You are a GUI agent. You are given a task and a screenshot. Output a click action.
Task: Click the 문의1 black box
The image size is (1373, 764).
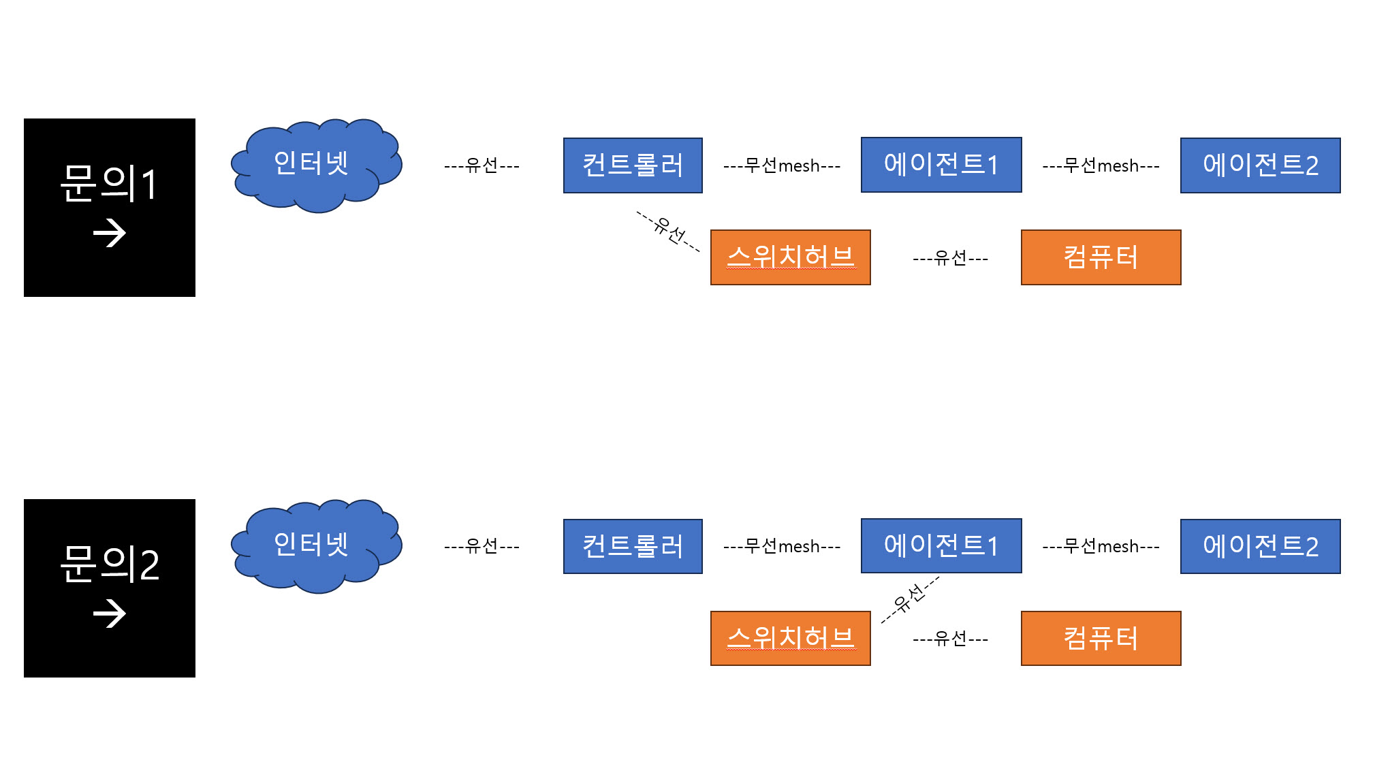[110, 208]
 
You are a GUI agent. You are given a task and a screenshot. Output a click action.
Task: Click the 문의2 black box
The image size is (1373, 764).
[110, 588]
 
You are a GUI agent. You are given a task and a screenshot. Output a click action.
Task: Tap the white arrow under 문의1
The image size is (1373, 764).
[110, 234]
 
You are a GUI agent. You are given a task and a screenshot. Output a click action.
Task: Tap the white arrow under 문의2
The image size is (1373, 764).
[110, 614]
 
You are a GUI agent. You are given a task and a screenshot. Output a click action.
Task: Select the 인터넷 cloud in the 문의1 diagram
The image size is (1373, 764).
[317, 165]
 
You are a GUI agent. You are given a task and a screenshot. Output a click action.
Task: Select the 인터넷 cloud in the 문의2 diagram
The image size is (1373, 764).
[317, 546]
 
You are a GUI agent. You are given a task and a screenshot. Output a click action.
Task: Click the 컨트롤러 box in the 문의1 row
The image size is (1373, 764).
[633, 165]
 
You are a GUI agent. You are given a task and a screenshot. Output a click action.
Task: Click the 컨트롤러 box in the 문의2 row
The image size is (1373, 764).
[633, 546]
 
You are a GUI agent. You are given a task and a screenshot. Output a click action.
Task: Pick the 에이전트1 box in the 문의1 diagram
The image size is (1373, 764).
[941, 165]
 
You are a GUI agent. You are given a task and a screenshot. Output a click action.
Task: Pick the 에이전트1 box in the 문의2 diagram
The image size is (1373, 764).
[941, 545]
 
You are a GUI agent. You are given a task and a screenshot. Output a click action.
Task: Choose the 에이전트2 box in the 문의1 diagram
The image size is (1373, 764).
[1261, 165]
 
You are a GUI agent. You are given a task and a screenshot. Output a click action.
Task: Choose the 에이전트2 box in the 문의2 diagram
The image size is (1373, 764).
[1261, 546]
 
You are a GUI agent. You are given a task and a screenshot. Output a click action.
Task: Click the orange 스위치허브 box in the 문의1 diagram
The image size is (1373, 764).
[791, 257]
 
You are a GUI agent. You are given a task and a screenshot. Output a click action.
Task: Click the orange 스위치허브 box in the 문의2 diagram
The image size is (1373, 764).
[791, 638]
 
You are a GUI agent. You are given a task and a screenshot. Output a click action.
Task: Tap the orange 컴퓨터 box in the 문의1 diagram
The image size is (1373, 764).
[1101, 257]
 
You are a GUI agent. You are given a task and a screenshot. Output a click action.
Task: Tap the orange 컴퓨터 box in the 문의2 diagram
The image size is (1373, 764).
[1101, 638]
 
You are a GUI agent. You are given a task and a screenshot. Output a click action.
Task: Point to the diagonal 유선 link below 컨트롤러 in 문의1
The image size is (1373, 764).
[669, 232]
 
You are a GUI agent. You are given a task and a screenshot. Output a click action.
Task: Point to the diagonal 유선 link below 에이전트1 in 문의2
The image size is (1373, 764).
[910, 599]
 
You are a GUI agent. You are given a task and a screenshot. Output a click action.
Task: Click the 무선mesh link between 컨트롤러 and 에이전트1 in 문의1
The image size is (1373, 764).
[782, 165]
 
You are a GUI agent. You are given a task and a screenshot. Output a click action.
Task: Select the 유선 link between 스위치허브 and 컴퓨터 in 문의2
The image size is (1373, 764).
[951, 639]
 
